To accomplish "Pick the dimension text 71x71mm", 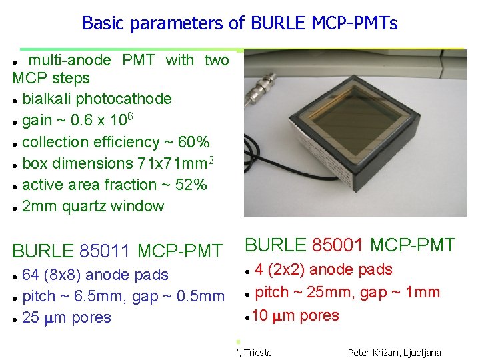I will [x=169, y=163].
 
